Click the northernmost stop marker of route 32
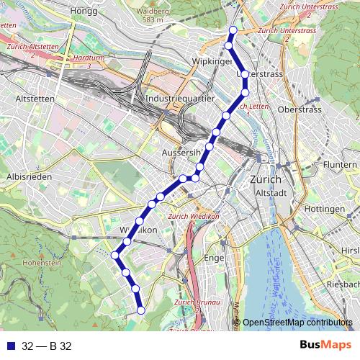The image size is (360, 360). coord(232,30)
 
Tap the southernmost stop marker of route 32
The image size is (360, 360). coord(141,310)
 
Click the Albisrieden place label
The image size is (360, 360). coord(27,176)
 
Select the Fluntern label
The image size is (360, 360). coord(341,165)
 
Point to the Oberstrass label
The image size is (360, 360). coord(298,110)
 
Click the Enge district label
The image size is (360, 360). coord(215,258)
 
